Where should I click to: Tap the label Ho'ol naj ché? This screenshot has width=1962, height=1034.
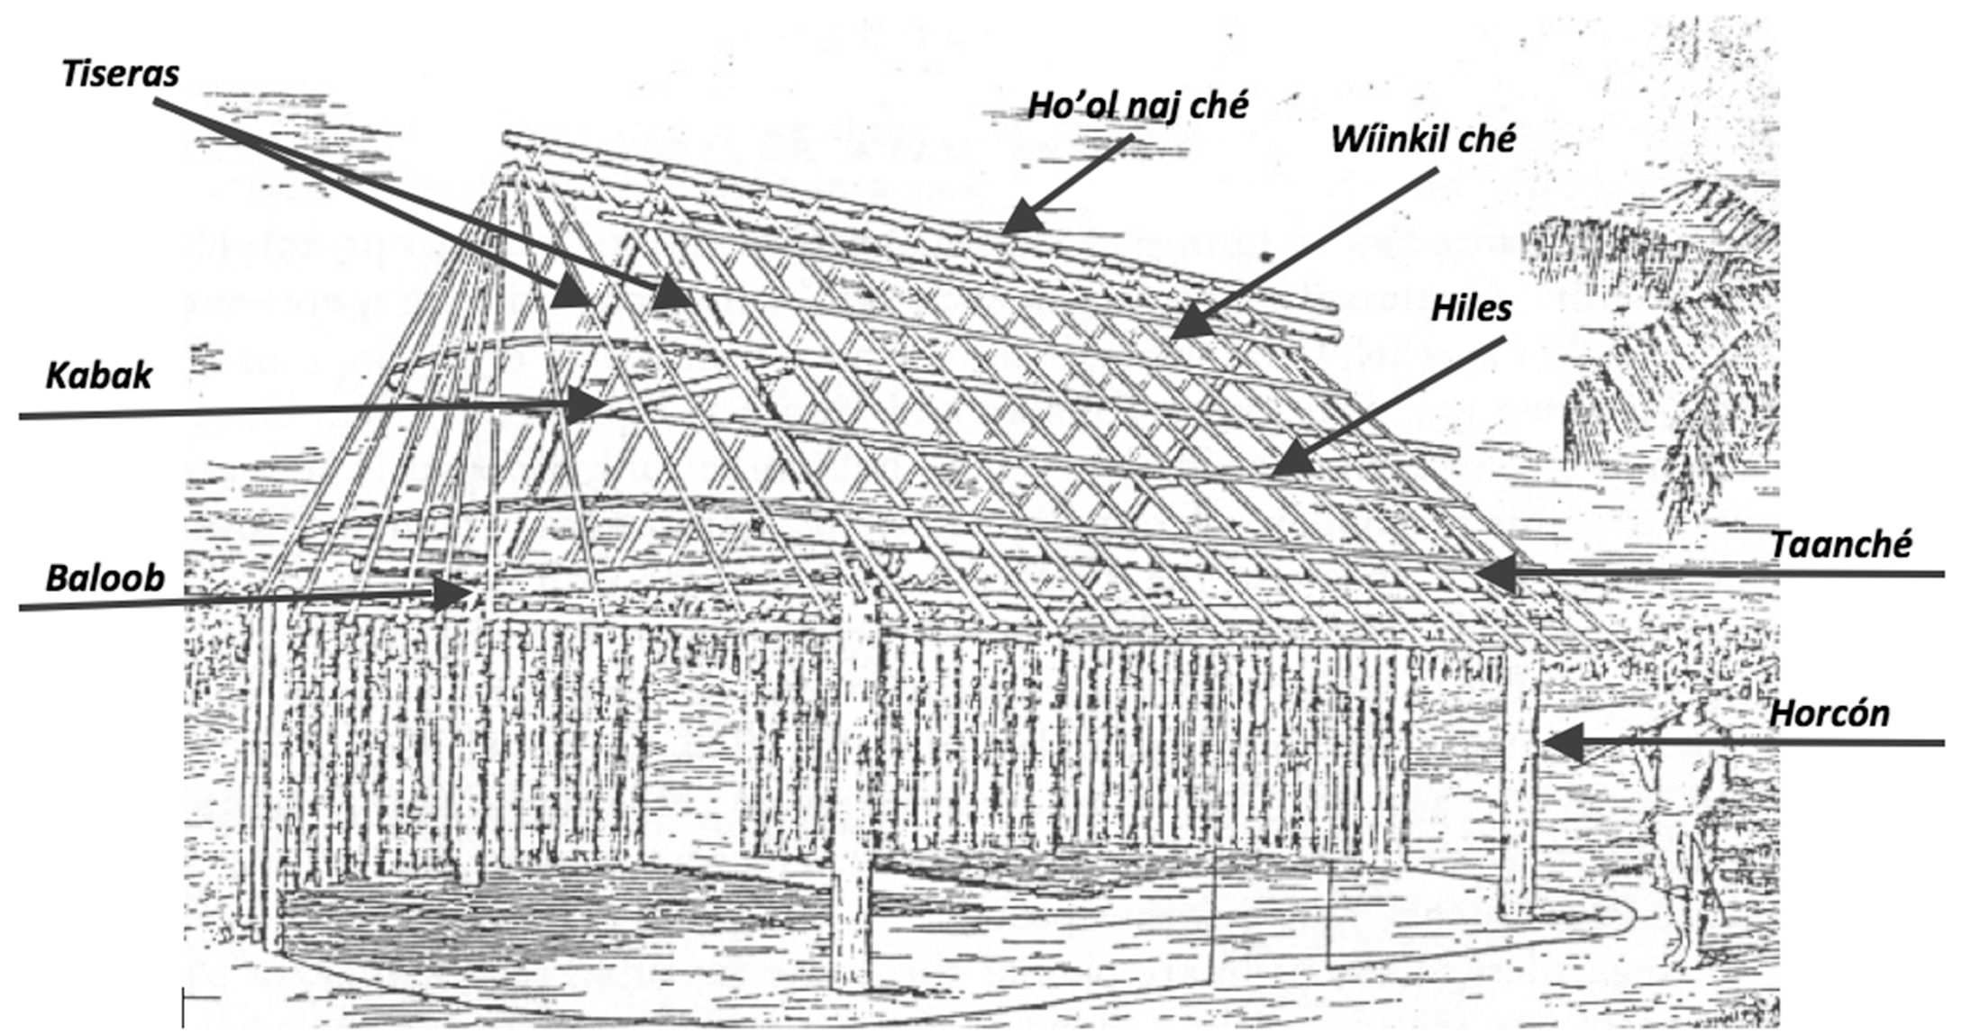1138,106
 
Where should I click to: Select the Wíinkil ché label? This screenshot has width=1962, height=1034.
1423,140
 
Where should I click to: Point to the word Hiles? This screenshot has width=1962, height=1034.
1472,309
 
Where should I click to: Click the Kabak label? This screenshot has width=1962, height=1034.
98,376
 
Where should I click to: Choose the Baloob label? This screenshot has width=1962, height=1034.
105,577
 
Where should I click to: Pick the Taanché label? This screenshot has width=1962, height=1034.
1840,545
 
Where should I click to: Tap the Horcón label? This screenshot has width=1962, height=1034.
1830,713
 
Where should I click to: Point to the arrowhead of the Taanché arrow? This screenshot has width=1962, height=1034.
1491,574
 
